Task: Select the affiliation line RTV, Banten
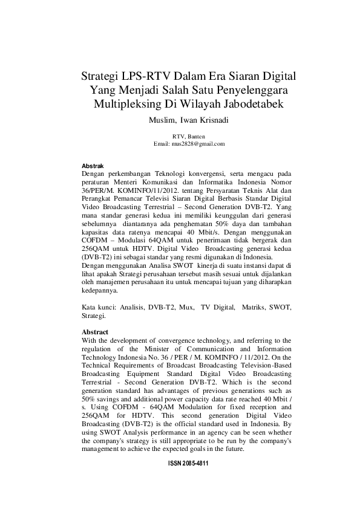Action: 189,137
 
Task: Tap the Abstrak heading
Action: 92,165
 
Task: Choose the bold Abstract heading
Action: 94,332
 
